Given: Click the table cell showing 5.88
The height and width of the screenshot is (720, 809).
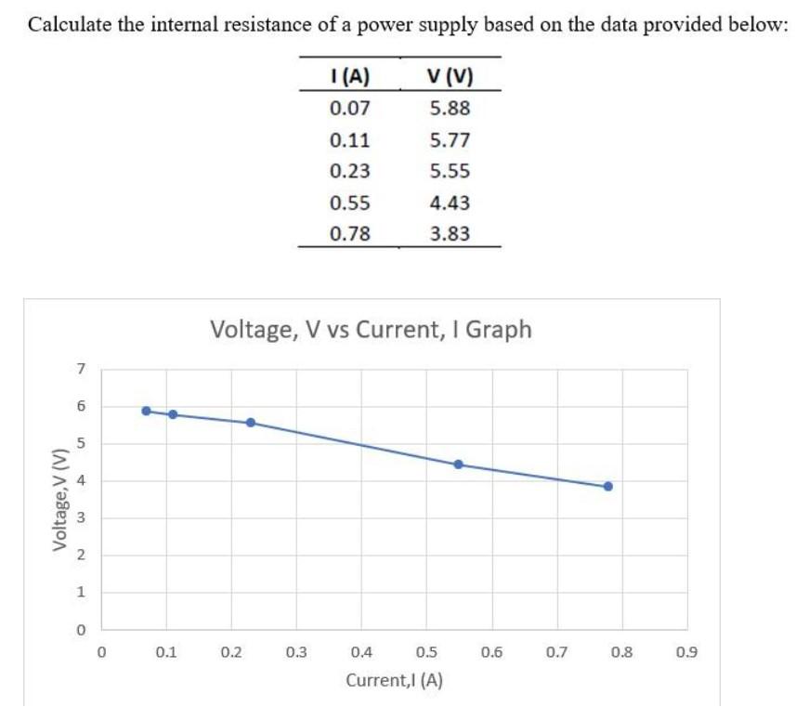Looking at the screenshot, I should coord(450,109).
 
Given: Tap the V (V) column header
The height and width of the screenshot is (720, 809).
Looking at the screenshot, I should coord(450,76).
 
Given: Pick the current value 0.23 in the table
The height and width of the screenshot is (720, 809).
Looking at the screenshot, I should coord(350,171).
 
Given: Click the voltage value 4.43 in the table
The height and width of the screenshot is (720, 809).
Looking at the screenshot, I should coord(450,203).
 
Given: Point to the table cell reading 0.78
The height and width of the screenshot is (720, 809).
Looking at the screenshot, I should coord(350,233).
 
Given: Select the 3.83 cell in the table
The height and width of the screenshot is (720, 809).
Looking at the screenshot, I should coord(450,233).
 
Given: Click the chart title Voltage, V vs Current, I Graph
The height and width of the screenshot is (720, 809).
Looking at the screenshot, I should coord(372,329).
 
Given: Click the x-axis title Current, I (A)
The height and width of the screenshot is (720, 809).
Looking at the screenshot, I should coord(394,680).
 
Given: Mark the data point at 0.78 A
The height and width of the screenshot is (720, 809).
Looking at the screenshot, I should coord(608,486).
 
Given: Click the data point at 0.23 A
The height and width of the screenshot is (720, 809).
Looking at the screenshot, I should coord(250,422).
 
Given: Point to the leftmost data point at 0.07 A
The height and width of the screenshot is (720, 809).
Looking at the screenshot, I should coord(146,410).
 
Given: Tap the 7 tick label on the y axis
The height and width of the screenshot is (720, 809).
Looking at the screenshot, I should coord(81,369).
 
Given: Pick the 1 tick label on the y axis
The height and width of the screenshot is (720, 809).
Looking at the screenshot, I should coord(81,592).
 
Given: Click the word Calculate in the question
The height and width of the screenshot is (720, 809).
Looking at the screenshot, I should coord(69,25).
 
